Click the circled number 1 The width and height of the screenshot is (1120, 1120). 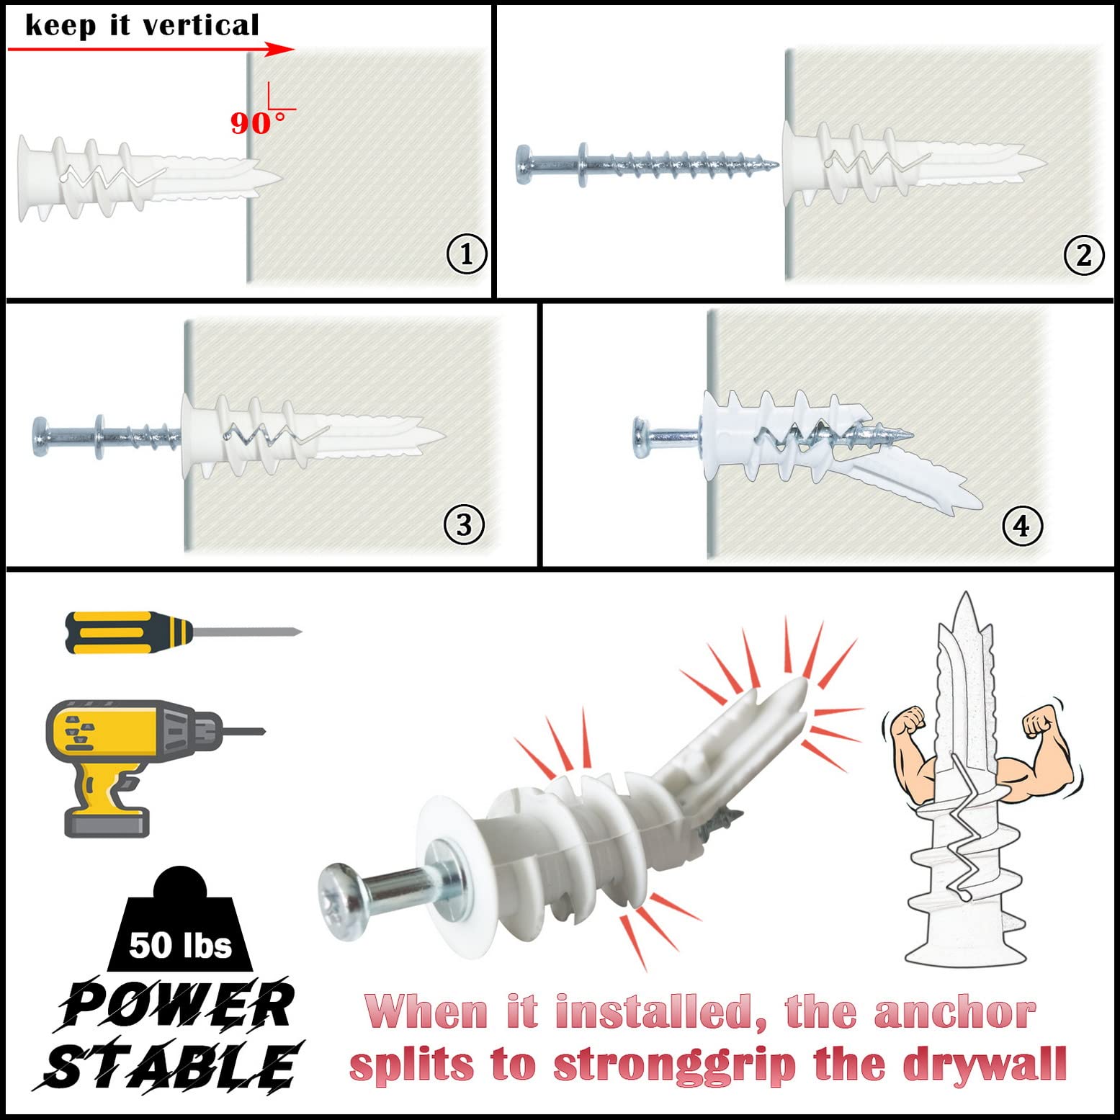(x=467, y=254)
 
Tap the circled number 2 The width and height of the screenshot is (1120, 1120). (x=1083, y=254)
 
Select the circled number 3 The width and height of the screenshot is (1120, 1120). (x=464, y=525)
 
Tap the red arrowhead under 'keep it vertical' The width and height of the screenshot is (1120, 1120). (x=281, y=49)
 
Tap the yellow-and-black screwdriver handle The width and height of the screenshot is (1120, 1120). (x=128, y=632)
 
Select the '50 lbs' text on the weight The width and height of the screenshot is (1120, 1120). (x=181, y=944)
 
